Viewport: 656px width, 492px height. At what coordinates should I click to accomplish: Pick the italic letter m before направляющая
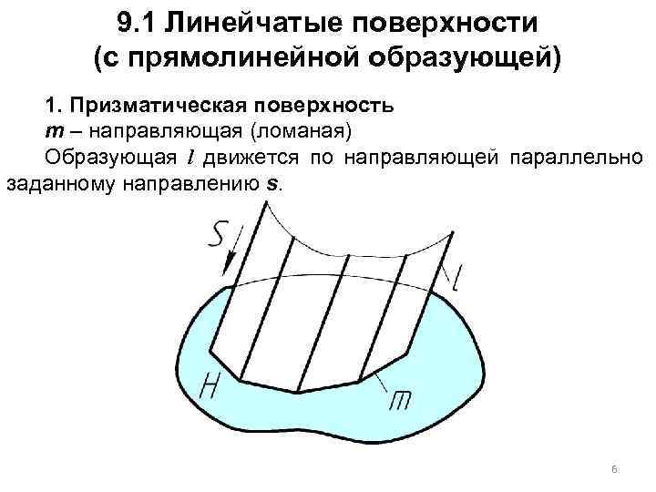click(53, 130)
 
